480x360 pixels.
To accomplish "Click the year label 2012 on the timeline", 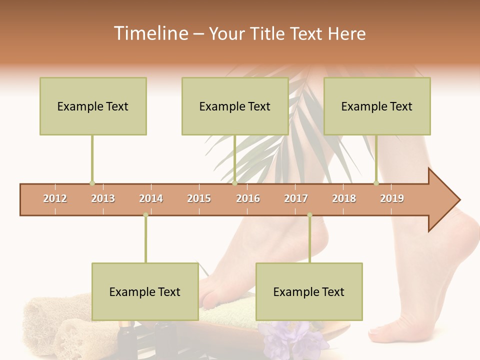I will pos(55,198).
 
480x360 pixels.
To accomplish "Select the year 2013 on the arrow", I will pos(103,198).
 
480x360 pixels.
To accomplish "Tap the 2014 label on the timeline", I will pos(151,198).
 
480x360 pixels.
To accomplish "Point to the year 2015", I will pos(199,198).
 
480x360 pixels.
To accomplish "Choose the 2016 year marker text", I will pos(248,198).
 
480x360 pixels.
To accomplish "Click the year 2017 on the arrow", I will pos(296,198).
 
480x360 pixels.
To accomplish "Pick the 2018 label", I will pos(344,198).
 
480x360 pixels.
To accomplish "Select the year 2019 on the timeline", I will pos(392,198).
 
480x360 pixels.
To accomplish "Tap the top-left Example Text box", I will pos(93,106).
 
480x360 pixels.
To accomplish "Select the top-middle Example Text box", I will pos(235,106).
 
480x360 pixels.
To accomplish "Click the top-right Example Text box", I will pos(377,106).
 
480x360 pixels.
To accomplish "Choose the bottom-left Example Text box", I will pos(145,291).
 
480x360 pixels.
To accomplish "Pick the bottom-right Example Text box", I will pos(309,291).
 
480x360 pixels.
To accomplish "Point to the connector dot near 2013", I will pos(92,183).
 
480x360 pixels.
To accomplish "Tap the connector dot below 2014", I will pos(145,215).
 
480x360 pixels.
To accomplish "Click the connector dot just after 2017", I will pos(309,215).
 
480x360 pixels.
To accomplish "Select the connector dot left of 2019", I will pos(376,183).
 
